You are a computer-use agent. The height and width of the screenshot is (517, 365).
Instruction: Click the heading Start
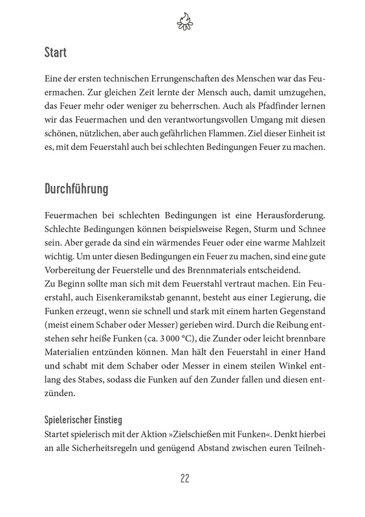[56, 50]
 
